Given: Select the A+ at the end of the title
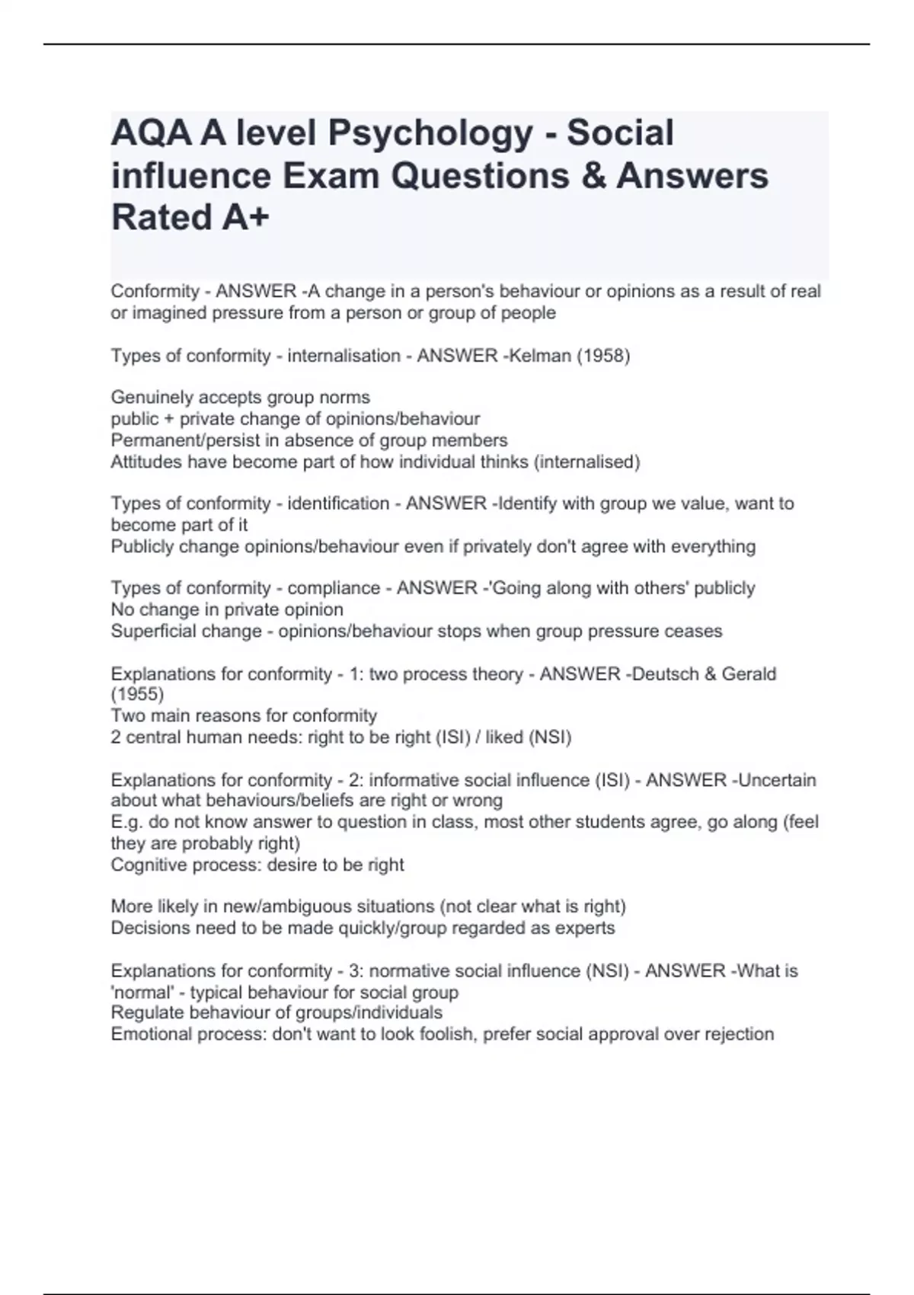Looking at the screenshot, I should [246, 218].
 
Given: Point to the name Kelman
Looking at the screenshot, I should [535, 356].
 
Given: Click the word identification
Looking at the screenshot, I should [337, 504].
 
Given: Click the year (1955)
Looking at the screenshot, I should [137, 694].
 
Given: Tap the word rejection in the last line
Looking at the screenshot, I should [739, 1034].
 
